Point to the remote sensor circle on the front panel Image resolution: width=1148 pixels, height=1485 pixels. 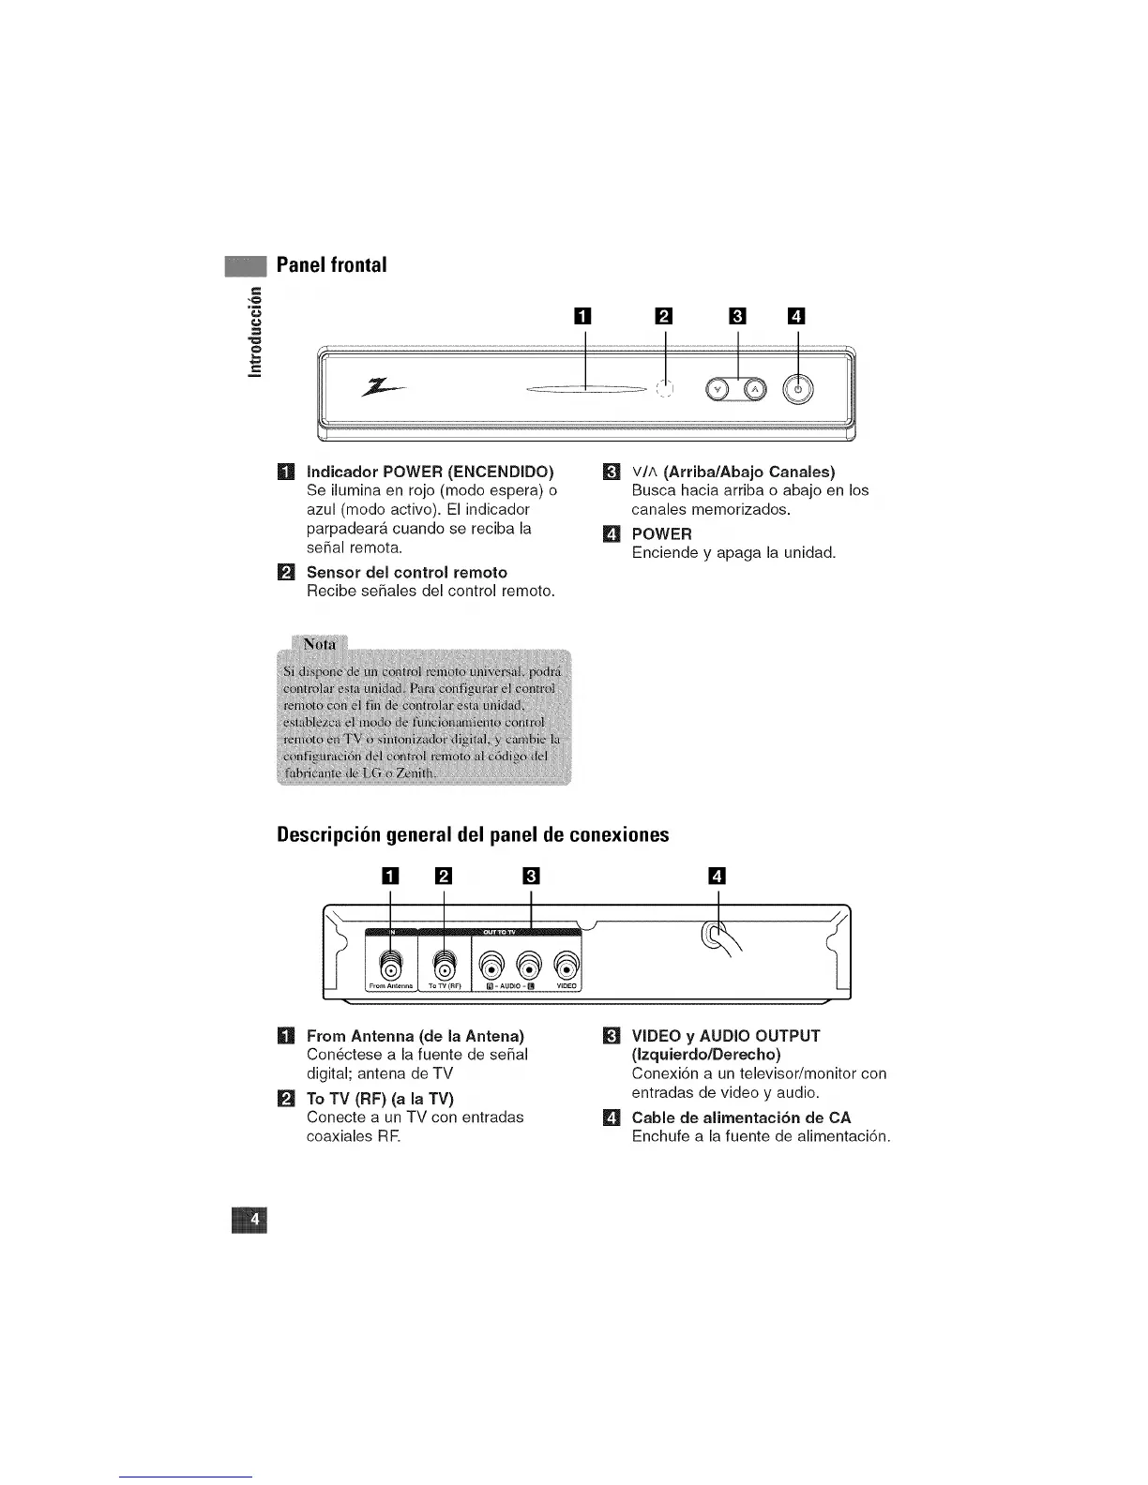coord(665,388)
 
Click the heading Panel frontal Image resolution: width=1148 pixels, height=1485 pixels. coord(331,265)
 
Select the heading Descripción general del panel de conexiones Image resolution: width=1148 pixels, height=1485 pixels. coord(473,834)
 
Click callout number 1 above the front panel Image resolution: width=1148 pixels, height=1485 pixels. coord(585,316)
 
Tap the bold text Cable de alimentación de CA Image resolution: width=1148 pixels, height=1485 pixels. coord(741,1117)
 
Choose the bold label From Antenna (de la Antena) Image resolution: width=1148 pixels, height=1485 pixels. coord(415,1036)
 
